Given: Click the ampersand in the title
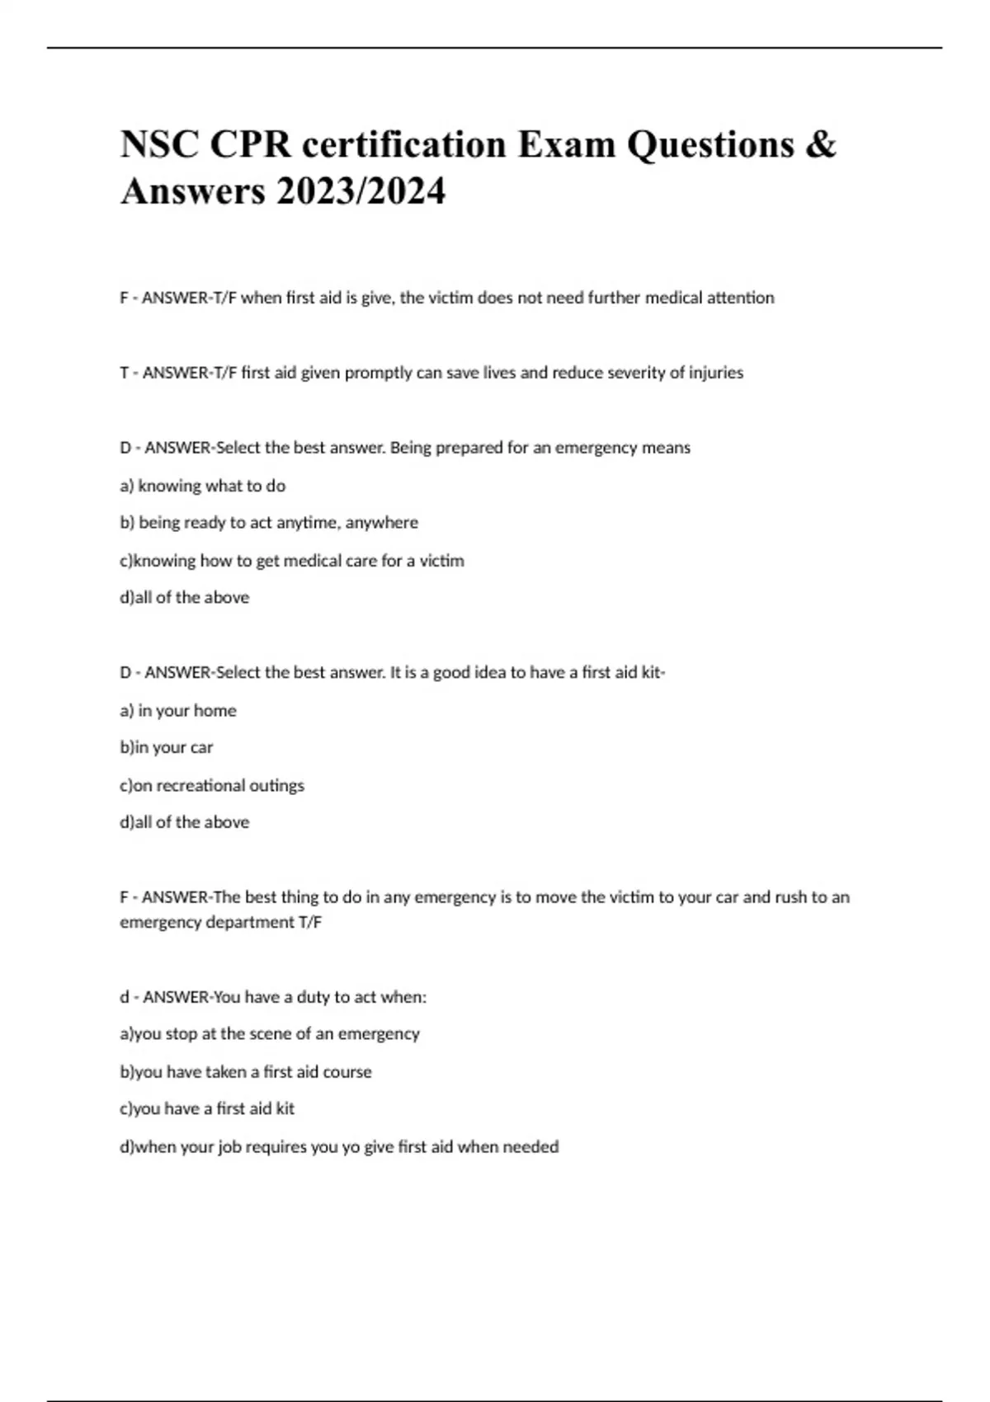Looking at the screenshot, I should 819,145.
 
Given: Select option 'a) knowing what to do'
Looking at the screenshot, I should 203,486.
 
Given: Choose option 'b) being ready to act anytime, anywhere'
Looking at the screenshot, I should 269,523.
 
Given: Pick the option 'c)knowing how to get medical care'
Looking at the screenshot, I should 292,561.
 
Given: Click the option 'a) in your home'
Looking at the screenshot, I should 178,711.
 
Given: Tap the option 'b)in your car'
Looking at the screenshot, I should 167,748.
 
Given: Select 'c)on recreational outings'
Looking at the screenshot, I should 212,785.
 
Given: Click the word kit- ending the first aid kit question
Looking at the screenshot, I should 653,673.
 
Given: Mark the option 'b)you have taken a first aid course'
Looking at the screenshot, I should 246,1072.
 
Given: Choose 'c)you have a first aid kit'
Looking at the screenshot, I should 207,1109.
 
